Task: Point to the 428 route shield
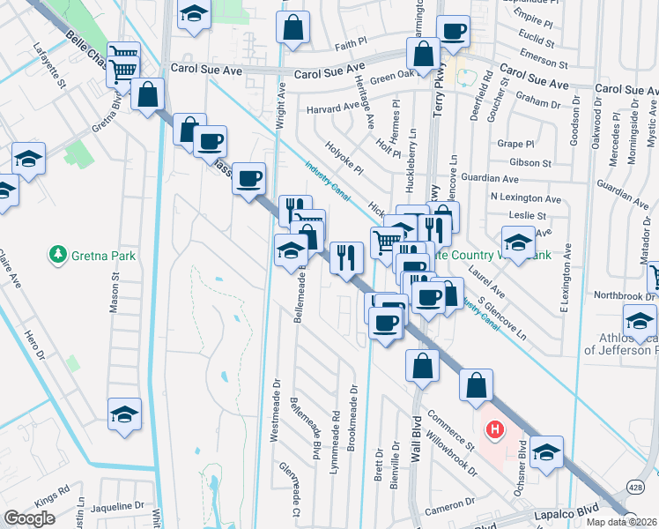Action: tap(635, 487)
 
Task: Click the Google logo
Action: tap(29, 518)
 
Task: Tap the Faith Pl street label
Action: tap(350, 42)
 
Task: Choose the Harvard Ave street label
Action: tap(333, 109)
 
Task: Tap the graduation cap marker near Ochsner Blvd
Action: tap(546, 451)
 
